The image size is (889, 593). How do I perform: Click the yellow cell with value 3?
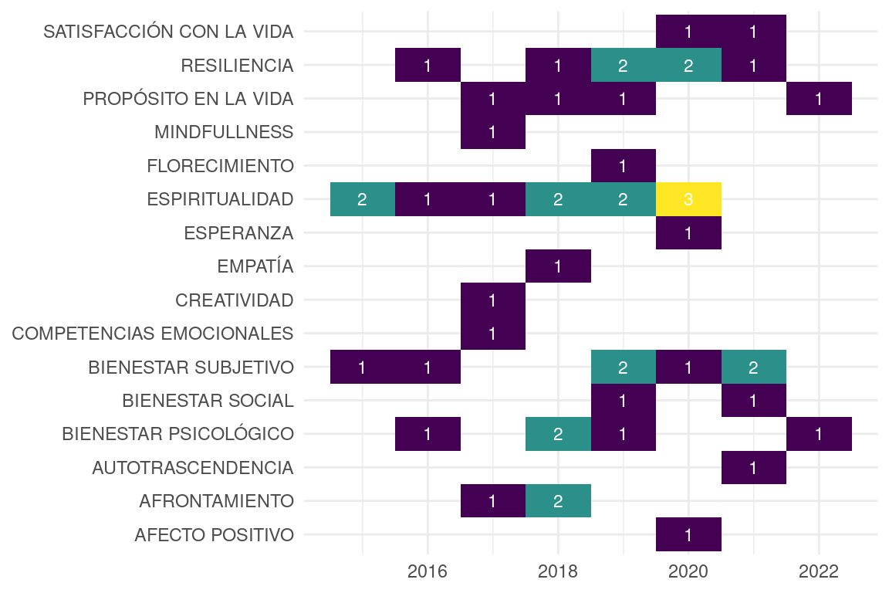click(x=688, y=199)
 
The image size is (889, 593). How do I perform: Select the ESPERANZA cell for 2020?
click(x=688, y=232)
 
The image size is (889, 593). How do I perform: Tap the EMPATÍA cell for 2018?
click(x=558, y=266)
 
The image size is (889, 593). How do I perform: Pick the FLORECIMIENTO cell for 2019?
click(x=623, y=165)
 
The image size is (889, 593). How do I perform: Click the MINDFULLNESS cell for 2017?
click(x=492, y=132)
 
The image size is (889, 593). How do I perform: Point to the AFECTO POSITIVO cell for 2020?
click(x=688, y=534)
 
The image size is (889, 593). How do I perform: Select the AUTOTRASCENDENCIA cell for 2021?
click(x=753, y=467)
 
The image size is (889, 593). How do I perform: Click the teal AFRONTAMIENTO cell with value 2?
click(x=558, y=501)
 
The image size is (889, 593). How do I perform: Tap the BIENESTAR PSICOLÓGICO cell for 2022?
click(x=819, y=434)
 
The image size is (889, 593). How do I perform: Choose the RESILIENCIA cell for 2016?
click(x=428, y=65)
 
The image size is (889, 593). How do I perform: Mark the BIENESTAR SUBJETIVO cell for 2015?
click(x=362, y=367)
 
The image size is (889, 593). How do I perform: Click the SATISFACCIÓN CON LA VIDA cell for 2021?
click(x=753, y=32)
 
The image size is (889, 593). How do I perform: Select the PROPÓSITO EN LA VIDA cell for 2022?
click(x=819, y=99)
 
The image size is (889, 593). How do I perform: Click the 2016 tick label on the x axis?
click(x=428, y=572)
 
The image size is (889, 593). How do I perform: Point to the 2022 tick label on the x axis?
click(x=819, y=572)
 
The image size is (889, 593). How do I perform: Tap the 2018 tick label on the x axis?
click(x=558, y=572)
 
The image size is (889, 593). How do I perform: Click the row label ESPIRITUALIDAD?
click(x=220, y=199)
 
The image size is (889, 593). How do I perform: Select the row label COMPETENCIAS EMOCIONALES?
click(x=153, y=334)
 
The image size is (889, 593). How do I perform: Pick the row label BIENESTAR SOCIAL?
click(x=208, y=401)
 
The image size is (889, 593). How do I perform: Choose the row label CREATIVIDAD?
click(x=235, y=300)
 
